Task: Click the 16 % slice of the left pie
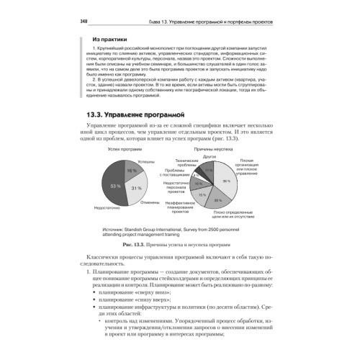130,171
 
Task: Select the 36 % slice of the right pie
226,181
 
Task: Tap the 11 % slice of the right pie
210,171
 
